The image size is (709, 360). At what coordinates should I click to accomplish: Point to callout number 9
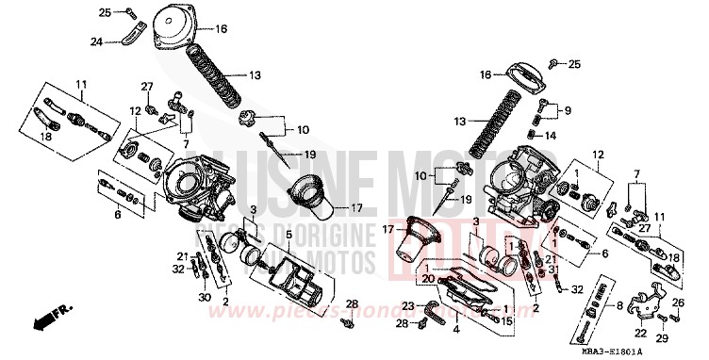pos(567,110)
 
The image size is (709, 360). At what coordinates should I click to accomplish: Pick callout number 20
pos(428,278)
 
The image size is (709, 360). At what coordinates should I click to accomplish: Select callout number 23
pos(407,305)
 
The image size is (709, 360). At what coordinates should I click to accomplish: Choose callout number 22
pos(640,331)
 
